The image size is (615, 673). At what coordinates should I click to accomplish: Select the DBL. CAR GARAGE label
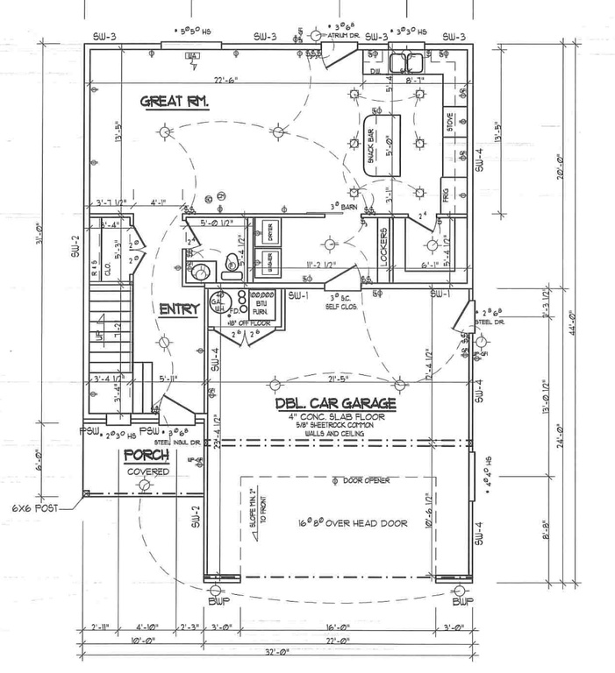tap(334, 404)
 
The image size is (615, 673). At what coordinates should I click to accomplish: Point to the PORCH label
tap(145, 455)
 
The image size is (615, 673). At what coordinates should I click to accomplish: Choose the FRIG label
tap(447, 196)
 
